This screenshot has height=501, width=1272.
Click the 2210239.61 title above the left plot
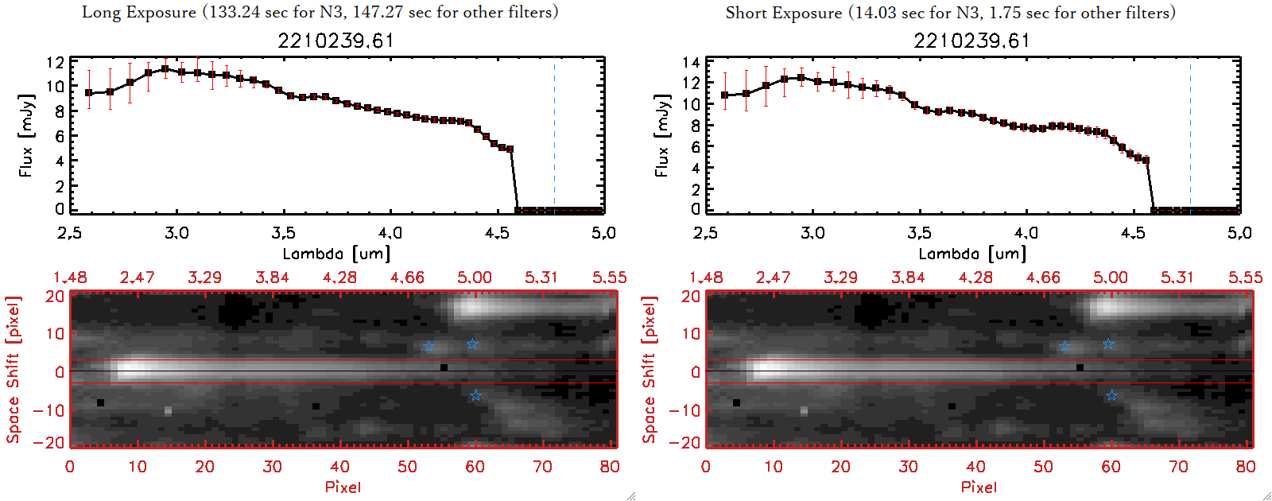335,41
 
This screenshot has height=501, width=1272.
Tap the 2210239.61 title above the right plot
971,41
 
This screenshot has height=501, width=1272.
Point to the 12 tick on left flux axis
55,62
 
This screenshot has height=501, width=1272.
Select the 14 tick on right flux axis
691,62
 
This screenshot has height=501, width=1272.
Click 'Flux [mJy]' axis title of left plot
26,135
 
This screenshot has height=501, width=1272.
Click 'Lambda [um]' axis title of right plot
972,254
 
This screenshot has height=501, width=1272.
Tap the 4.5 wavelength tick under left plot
497,233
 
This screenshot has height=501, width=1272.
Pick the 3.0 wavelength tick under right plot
812,233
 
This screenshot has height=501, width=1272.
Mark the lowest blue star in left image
475,395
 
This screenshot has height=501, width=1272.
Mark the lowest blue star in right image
1111,395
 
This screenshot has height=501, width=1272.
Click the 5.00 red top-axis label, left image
475,278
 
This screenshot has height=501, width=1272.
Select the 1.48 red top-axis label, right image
706,278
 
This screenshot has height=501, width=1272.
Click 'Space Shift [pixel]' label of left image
14,369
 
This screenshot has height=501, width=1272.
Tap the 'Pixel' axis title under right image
979,487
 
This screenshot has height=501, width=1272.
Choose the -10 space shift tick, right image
684,410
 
